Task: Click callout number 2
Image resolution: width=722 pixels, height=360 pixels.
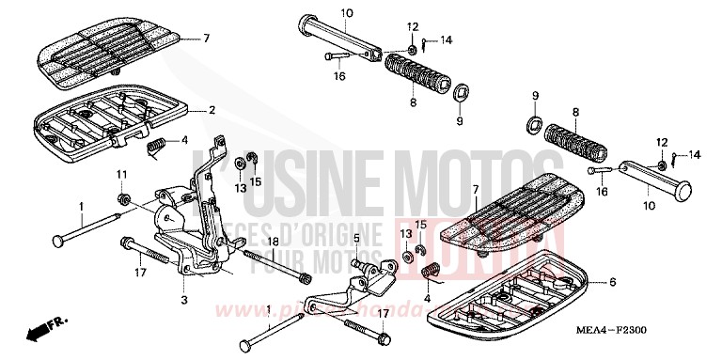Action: [x=212, y=110]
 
